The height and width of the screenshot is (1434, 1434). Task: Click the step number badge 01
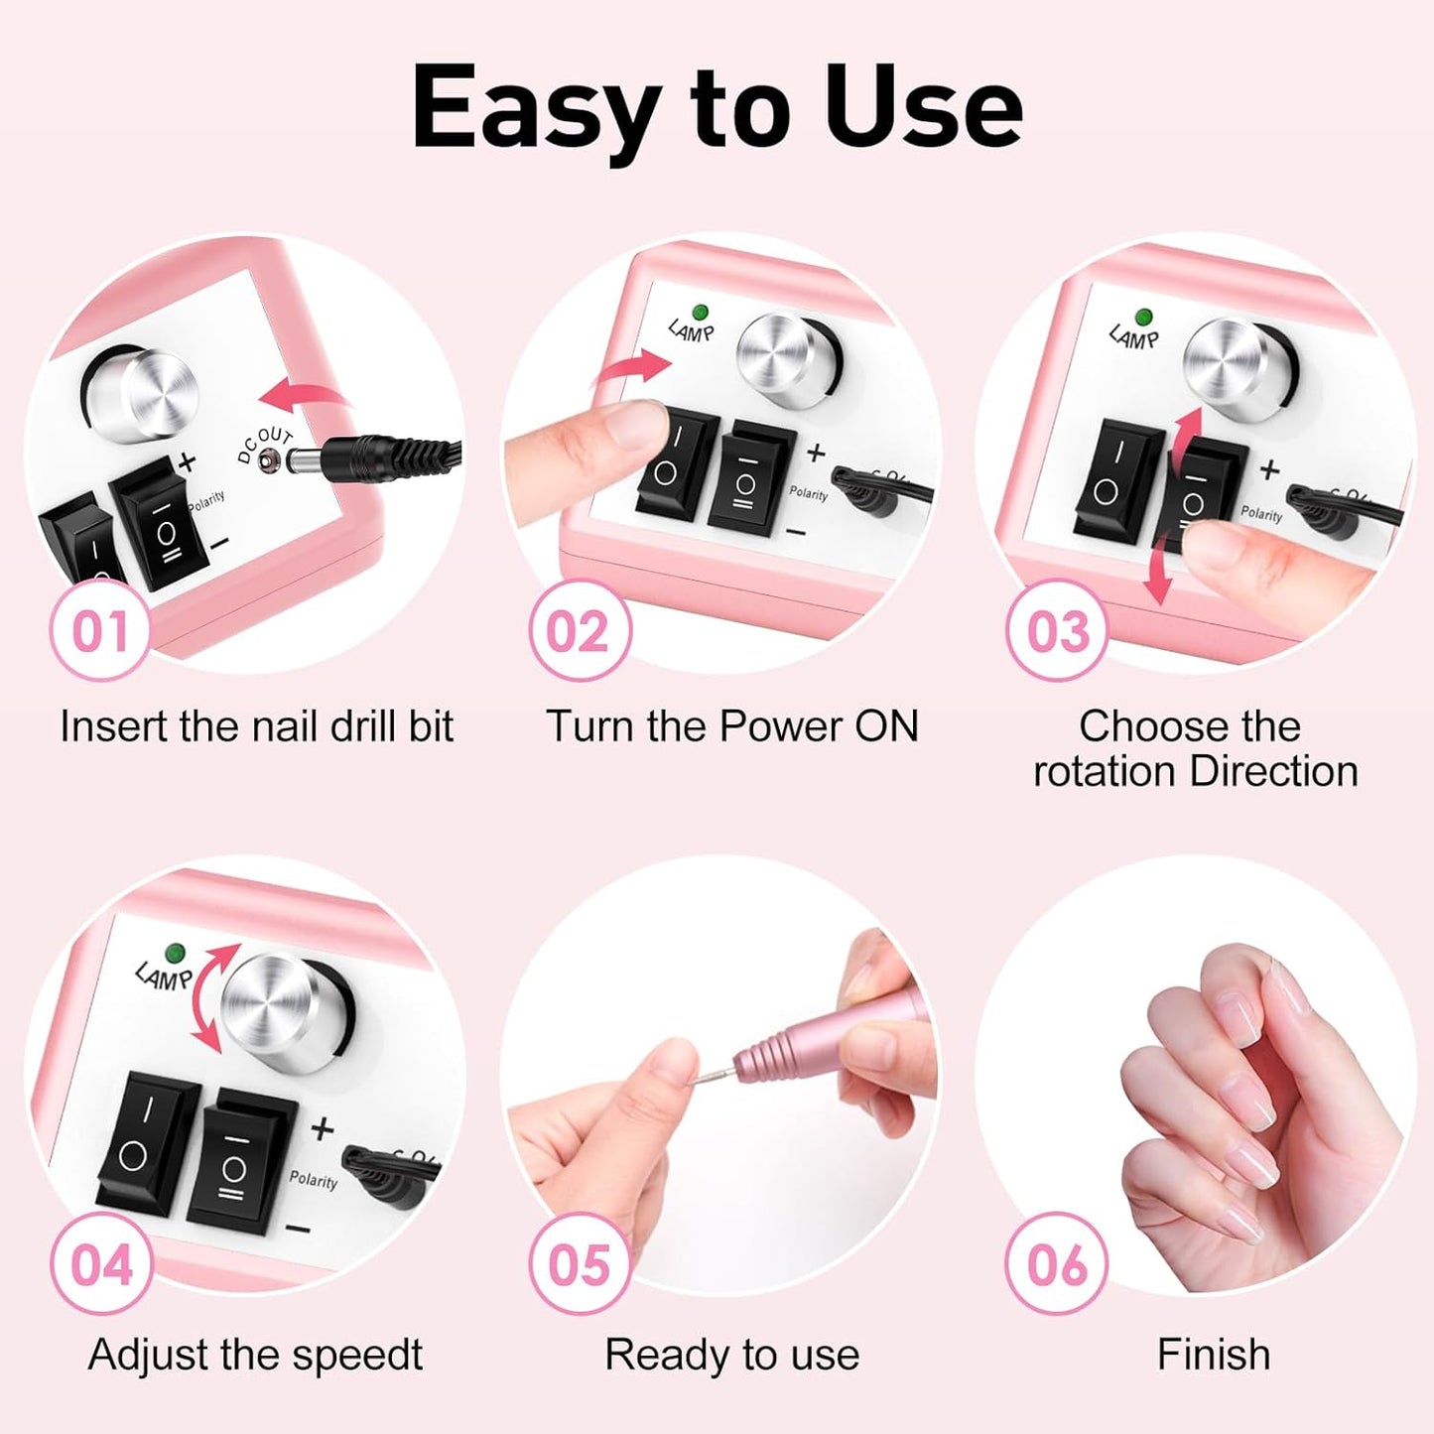[x=100, y=631]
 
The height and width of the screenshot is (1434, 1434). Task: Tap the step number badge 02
[x=579, y=631]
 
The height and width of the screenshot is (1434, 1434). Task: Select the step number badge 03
[x=1057, y=631]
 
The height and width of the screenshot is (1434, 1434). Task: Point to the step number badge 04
[x=100, y=1264]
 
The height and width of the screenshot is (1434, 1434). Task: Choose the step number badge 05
[x=579, y=1264]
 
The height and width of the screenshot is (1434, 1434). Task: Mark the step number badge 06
[x=1057, y=1264]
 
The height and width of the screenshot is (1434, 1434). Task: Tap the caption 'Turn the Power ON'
[x=731, y=726]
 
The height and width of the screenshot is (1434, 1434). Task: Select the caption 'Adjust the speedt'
[x=255, y=1355]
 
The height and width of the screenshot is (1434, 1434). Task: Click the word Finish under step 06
[x=1213, y=1355]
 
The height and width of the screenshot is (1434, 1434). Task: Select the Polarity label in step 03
[x=1260, y=513]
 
